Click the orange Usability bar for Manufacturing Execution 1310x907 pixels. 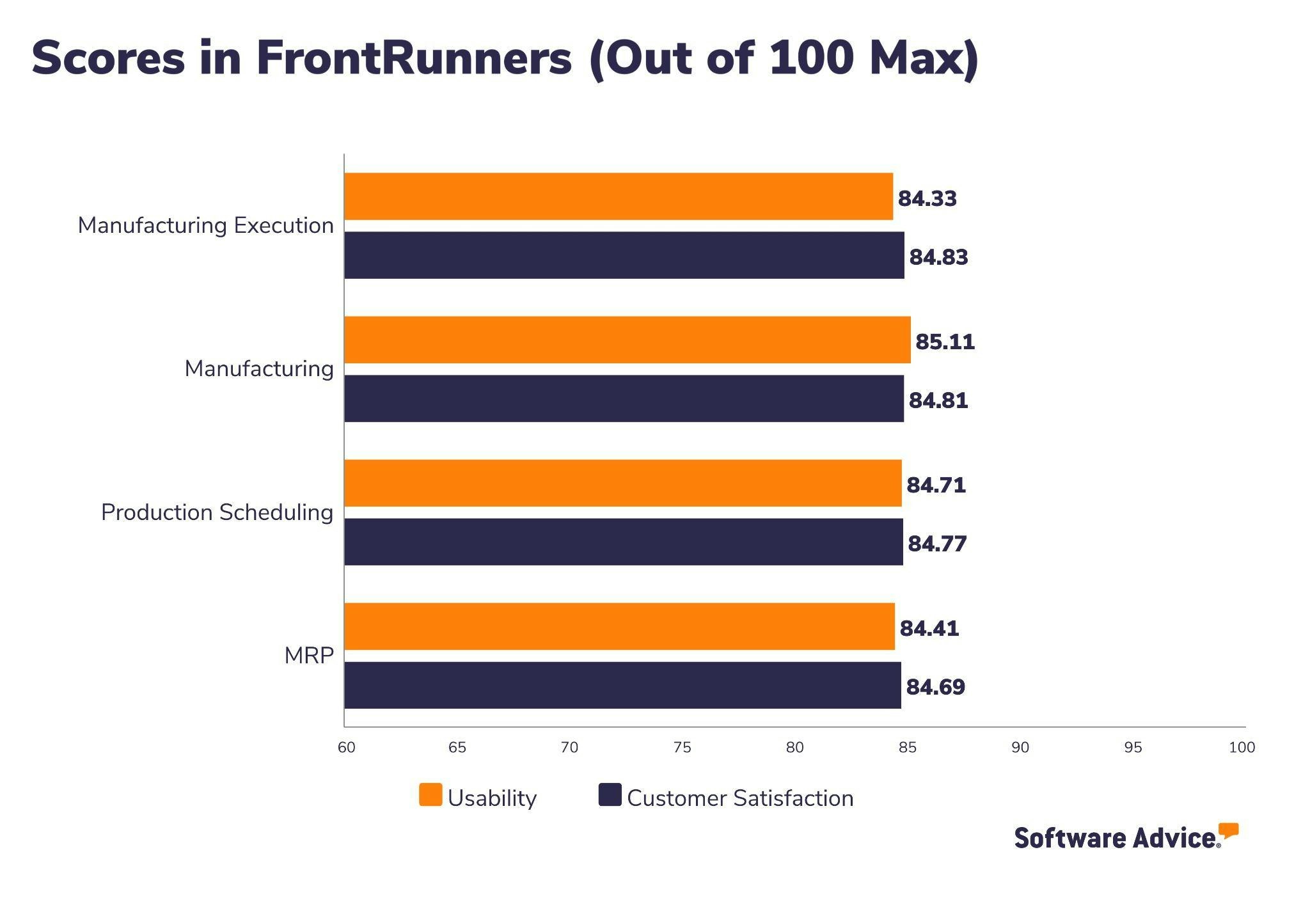click(618, 196)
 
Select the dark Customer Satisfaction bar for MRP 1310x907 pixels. click(622, 685)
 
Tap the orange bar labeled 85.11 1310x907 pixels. click(627, 340)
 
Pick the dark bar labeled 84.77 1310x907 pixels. click(623, 542)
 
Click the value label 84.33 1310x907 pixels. click(927, 198)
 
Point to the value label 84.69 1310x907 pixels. click(935, 687)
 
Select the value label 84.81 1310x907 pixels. click(938, 400)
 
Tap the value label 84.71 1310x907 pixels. click(936, 485)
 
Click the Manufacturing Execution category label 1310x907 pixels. click(205, 225)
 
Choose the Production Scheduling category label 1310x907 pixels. click(217, 512)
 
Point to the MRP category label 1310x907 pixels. click(309, 656)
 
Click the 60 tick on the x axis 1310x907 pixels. click(346, 747)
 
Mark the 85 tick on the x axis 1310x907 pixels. click(907, 747)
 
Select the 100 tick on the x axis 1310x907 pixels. click(1242, 747)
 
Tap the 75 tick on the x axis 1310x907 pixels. click(682, 747)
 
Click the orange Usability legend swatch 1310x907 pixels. click(430, 795)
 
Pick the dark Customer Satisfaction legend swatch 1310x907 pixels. click(610, 795)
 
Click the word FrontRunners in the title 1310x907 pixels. click(413, 58)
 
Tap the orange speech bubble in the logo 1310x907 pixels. click(1228, 831)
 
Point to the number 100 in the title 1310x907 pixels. click(811, 58)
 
